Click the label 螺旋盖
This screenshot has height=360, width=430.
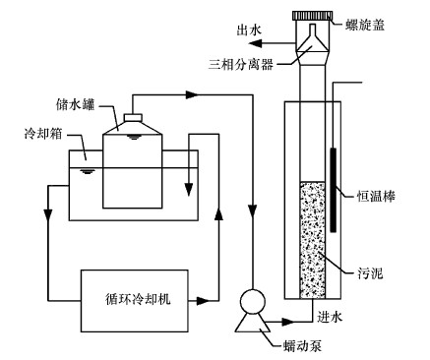(365, 25)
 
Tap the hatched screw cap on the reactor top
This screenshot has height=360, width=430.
(312, 16)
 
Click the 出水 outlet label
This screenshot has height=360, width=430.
(249, 30)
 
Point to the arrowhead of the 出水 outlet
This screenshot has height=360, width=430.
(255, 43)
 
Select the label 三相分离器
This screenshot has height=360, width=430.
(241, 64)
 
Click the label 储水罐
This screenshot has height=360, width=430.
(76, 104)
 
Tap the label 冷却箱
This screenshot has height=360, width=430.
(43, 134)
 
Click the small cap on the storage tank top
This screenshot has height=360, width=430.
(133, 117)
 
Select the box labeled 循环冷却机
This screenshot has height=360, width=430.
(135, 301)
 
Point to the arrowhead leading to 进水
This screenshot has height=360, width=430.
(288, 322)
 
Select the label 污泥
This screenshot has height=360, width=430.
(370, 273)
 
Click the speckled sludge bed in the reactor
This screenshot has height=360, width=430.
(313, 240)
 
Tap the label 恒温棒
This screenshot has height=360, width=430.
(376, 197)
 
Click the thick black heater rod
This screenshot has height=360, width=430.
(334, 190)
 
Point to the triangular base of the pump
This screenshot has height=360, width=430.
(252, 323)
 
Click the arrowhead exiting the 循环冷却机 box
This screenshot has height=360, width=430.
(203, 301)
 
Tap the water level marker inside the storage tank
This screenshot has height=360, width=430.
(133, 137)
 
